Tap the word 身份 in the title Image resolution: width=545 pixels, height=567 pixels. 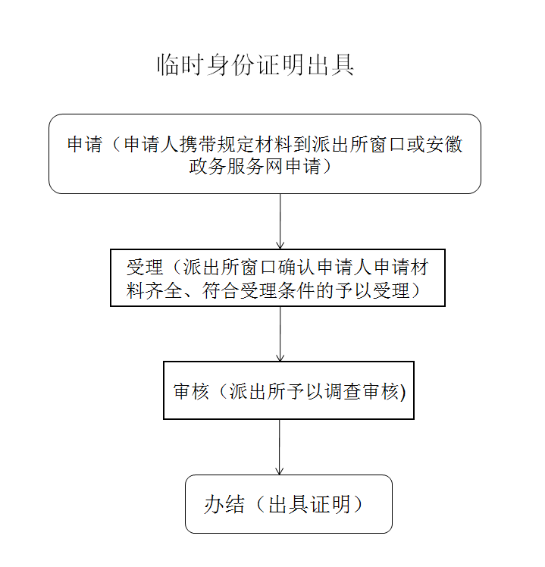click(230, 65)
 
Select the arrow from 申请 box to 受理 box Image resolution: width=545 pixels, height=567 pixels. click(280, 221)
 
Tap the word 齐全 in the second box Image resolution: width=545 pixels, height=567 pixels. click(164, 290)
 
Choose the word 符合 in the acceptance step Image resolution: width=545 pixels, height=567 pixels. click(221, 290)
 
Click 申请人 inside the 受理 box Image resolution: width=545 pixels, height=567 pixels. click(346, 268)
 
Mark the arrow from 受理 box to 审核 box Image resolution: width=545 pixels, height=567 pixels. click(280, 334)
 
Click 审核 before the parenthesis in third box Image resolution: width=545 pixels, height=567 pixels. click(192, 391)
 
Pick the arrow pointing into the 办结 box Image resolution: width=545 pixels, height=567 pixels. click(280, 447)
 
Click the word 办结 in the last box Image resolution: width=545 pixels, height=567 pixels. click(224, 504)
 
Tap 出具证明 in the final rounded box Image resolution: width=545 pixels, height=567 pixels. click(309, 504)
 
